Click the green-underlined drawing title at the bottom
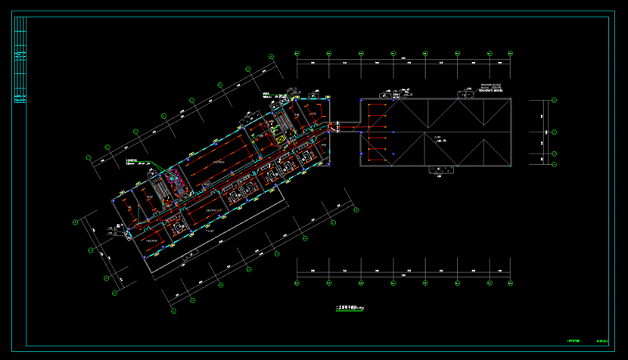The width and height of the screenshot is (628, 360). (x=349, y=308)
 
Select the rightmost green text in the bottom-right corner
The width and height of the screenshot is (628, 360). (x=603, y=342)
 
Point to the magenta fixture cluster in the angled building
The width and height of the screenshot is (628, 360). (x=175, y=180)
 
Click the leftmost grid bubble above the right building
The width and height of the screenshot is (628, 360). (x=297, y=53)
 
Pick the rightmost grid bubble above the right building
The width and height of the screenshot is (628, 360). (x=510, y=53)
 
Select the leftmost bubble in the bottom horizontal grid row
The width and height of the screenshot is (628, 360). (x=297, y=284)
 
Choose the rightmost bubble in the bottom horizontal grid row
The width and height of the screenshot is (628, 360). (x=510, y=284)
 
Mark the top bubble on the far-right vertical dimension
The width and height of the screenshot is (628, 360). (x=554, y=101)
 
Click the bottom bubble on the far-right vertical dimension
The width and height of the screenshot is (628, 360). (x=554, y=164)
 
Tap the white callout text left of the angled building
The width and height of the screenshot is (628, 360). (x=133, y=161)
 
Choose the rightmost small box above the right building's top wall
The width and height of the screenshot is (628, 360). (x=462, y=95)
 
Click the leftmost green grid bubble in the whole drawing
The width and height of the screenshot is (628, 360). (x=76, y=222)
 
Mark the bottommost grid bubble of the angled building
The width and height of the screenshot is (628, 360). (x=173, y=310)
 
